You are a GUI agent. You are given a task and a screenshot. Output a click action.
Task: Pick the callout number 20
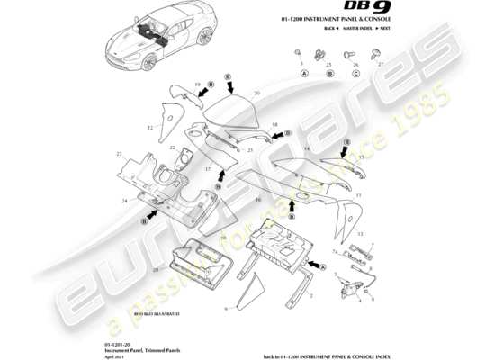click(256, 93)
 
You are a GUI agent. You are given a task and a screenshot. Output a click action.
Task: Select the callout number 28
click(156, 269)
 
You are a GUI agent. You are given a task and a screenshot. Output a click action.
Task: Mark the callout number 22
click(172, 147)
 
